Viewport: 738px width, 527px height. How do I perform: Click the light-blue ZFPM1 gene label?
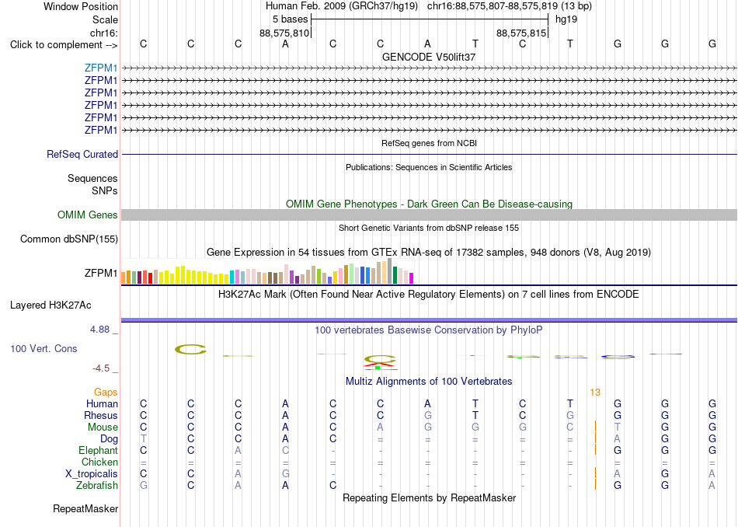point(101,68)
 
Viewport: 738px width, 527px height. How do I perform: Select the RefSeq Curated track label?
point(82,154)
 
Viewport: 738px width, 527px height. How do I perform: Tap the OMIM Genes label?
point(88,215)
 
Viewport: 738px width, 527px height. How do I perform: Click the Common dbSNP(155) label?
point(69,239)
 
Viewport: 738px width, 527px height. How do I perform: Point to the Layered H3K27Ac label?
point(50,305)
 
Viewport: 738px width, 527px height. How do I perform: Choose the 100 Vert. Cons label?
point(44,348)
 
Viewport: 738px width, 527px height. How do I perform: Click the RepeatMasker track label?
point(85,508)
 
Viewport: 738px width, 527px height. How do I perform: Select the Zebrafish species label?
point(97,485)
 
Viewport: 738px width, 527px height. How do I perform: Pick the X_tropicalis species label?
point(92,474)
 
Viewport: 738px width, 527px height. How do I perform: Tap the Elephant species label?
point(99,450)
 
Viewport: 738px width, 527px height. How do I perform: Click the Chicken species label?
point(99,462)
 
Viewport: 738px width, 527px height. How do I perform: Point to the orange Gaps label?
point(106,392)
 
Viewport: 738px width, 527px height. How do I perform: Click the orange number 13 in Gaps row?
point(595,392)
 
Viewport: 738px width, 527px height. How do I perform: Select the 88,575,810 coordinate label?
point(284,33)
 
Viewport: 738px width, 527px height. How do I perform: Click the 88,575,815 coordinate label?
point(521,33)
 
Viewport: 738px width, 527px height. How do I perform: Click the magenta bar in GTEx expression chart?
point(411,278)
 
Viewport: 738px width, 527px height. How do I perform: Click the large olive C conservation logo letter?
point(190,350)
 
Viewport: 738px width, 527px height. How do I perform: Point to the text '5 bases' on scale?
point(290,19)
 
